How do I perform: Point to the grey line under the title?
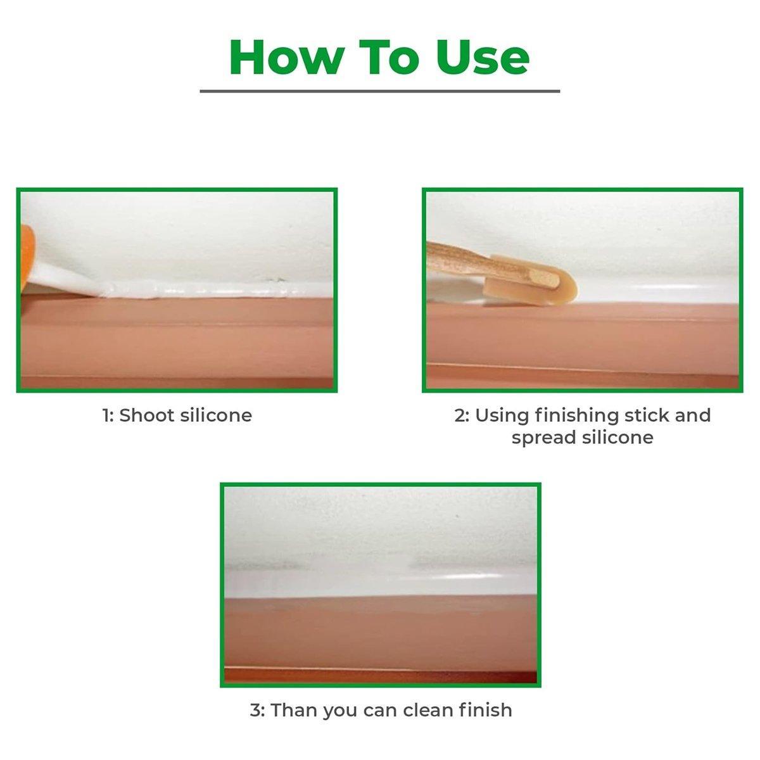click(x=380, y=91)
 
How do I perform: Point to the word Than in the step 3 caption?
click(x=294, y=710)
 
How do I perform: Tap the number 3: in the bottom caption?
click(x=257, y=710)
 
